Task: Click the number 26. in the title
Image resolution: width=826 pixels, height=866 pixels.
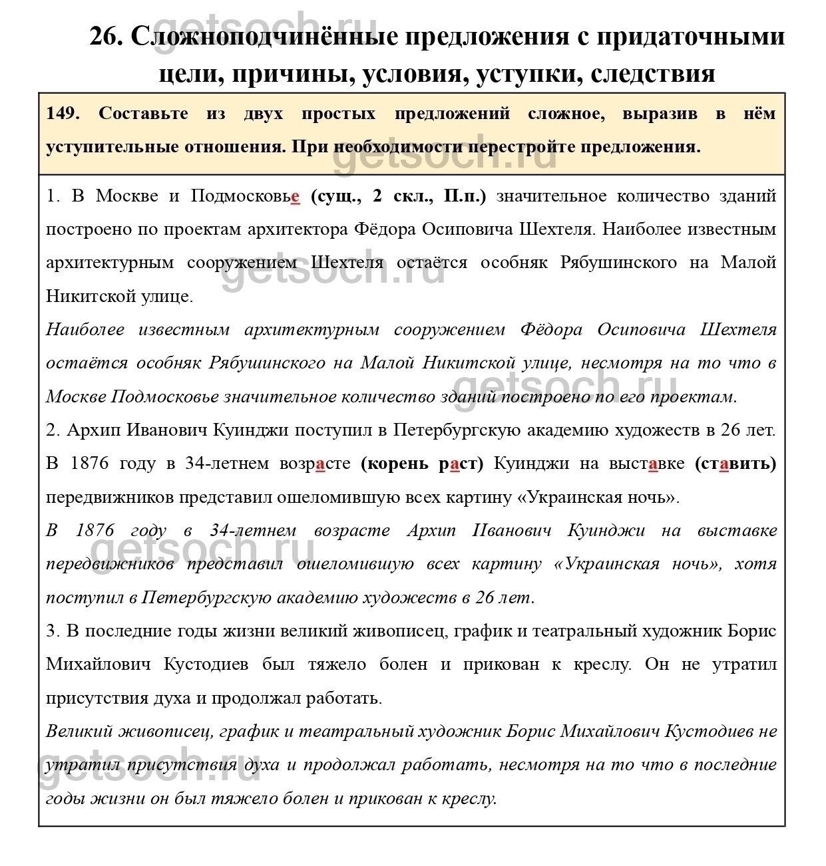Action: (106, 37)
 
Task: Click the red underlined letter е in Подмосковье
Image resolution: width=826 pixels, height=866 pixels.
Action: (296, 196)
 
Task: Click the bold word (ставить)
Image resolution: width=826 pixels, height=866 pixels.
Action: (735, 464)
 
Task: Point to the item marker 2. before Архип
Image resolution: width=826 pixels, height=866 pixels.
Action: (53, 430)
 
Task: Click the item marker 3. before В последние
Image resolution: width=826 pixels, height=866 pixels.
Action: (53, 631)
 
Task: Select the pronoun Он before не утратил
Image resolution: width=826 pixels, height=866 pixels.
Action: (656, 664)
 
